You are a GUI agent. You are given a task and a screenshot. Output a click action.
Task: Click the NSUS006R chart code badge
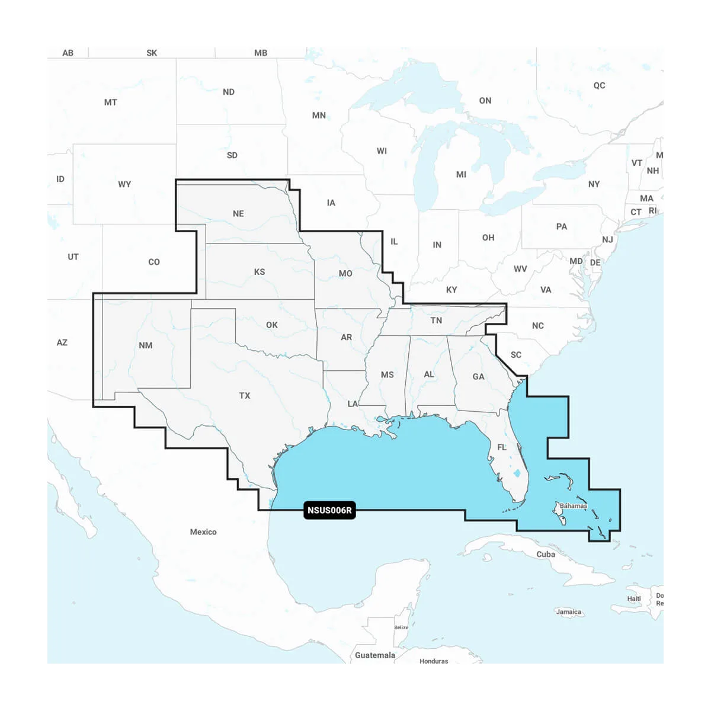click(x=329, y=510)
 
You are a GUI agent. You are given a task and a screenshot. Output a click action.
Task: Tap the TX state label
click(x=245, y=396)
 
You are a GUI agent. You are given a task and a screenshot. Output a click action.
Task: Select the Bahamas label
click(x=573, y=506)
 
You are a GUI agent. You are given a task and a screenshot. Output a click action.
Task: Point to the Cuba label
click(x=546, y=555)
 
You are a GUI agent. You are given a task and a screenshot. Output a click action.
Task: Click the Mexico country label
click(x=203, y=532)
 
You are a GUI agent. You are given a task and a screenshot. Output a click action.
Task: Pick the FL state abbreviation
click(x=502, y=447)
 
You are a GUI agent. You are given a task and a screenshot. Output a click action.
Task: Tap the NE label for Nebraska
click(x=238, y=214)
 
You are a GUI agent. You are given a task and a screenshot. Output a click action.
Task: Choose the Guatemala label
click(x=375, y=655)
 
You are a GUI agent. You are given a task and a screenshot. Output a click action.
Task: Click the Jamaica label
click(x=568, y=611)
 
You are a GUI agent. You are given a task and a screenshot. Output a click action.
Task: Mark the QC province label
click(x=600, y=85)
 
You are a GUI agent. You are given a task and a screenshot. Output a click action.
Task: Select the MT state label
click(x=111, y=103)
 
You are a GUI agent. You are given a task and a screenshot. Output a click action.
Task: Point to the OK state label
click(x=272, y=325)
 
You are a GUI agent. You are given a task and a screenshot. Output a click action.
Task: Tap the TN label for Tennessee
click(x=436, y=321)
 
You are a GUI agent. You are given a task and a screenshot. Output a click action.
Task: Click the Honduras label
click(x=434, y=661)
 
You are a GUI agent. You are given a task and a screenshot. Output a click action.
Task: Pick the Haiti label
click(x=634, y=598)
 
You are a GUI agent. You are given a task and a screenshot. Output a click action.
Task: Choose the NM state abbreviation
click(x=145, y=345)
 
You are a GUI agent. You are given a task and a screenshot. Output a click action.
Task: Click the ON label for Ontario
click(x=485, y=101)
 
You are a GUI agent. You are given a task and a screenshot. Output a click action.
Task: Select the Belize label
click(x=402, y=627)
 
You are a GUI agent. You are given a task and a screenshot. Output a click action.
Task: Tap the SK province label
click(x=152, y=53)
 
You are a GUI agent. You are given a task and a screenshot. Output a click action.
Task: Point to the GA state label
click(x=478, y=377)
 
